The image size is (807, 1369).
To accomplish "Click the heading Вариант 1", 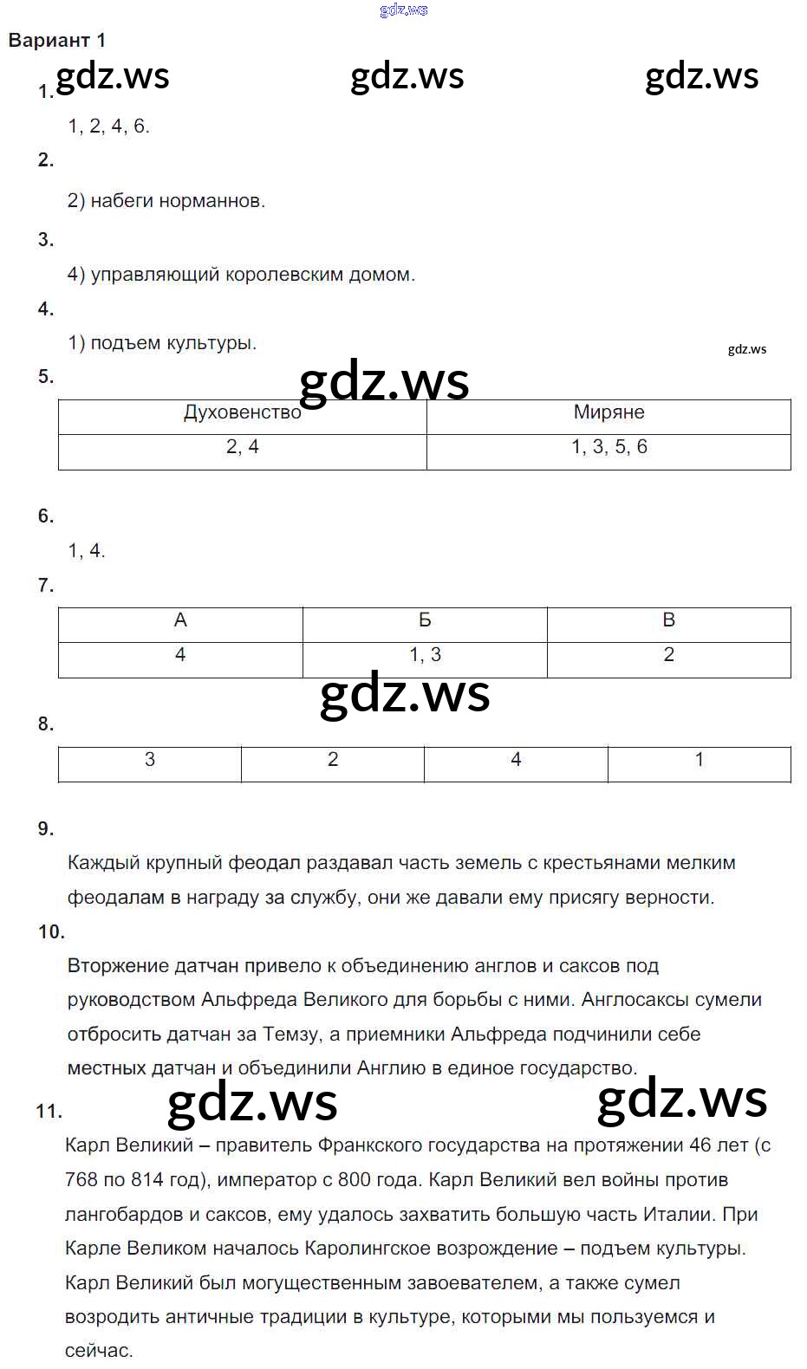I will pyautogui.click(x=57, y=41).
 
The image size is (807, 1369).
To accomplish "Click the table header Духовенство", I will pyautogui.click(x=242, y=412).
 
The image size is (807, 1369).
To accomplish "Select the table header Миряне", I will pyautogui.click(x=609, y=412).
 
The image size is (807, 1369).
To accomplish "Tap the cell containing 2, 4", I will pyautogui.click(x=242, y=447).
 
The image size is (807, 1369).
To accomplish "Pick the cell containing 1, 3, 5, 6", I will pyautogui.click(x=609, y=447).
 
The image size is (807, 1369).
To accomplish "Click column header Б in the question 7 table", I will pyautogui.click(x=425, y=620).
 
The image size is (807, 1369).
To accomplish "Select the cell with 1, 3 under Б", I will pyautogui.click(x=425, y=655).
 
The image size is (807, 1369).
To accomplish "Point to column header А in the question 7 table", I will pyautogui.click(x=180, y=620).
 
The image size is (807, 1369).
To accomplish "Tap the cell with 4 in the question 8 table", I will pyautogui.click(x=516, y=760).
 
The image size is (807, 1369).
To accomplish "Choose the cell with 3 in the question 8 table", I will pyautogui.click(x=150, y=760).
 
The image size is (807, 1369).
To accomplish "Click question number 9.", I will pyautogui.click(x=46, y=829).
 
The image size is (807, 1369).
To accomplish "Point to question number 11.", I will pyautogui.click(x=49, y=1111).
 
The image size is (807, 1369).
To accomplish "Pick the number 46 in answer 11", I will pyautogui.click(x=700, y=1145).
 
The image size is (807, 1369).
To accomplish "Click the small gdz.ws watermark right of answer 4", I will pyautogui.click(x=747, y=349).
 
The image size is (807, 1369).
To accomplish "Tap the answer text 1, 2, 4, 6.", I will pyautogui.click(x=109, y=127).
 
